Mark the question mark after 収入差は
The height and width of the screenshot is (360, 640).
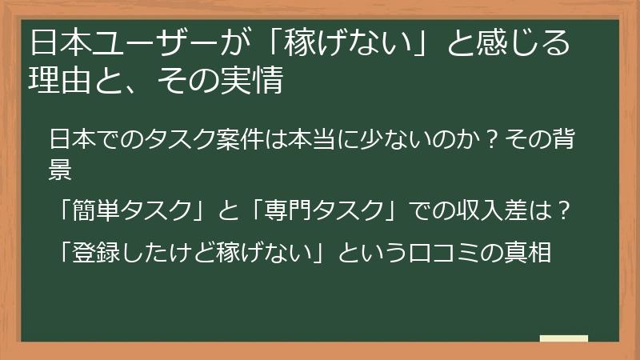[563, 210]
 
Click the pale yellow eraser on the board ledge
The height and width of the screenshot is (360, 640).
[564, 338]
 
